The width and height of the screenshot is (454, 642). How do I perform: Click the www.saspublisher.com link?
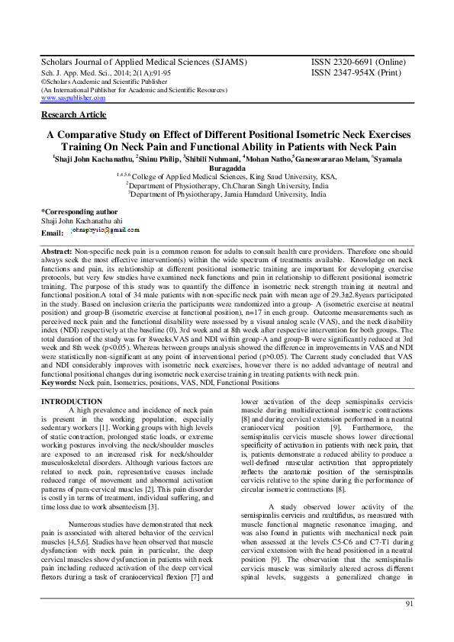click(x=72, y=98)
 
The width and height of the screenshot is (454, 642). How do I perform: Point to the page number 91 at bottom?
click(x=409, y=604)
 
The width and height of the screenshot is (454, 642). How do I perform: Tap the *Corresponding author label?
click(x=79, y=211)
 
